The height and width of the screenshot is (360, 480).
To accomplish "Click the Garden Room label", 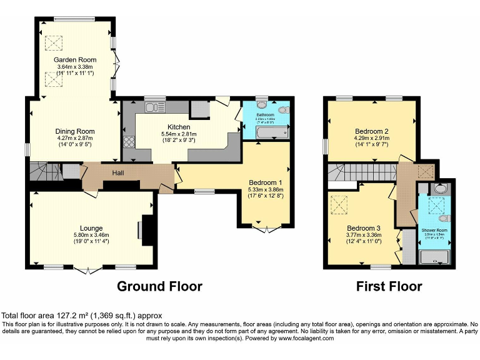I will click(x=74, y=60).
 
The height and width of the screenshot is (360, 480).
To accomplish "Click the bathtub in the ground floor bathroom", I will click(x=266, y=132).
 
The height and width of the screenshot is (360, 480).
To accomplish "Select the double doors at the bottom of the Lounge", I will click(x=88, y=269).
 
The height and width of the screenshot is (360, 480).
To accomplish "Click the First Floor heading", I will click(x=389, y=287).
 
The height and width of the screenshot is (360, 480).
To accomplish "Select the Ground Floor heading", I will click(x=160, y=287).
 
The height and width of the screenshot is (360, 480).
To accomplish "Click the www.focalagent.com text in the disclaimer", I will click(x=306, y=338).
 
